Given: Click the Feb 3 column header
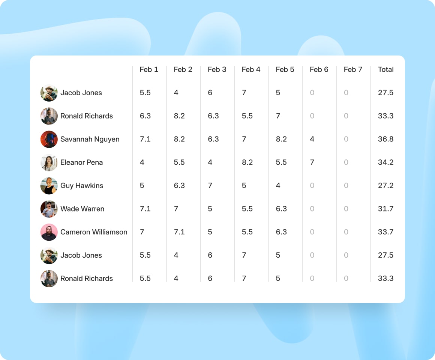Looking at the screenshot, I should pos(217,69).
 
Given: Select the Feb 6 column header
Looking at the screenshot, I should pos(319,69).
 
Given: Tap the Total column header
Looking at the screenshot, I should pos(385,69).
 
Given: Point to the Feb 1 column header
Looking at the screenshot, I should pos(149,69).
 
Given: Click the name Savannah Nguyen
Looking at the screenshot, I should pos(90,139).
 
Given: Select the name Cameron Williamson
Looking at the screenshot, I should pos(94,232).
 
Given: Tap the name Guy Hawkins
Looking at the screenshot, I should pos(82,186).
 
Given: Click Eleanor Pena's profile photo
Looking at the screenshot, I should pos(49,162).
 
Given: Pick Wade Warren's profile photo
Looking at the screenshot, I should pos(49,209).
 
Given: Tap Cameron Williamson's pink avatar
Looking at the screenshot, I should pos(49,232).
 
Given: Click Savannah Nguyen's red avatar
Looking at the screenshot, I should pos(49,139).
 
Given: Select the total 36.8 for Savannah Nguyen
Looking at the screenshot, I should pos(385,139).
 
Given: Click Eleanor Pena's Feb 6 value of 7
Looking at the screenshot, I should pos(312,162).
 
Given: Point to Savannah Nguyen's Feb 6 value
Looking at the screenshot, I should pos(312,139).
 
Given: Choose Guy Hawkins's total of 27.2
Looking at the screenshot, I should pos(385,186).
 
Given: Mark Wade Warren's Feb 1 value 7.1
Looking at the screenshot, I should pos(145,209).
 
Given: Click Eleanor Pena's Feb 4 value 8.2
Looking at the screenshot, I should pos(247,162).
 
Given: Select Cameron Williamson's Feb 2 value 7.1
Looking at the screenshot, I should pos(179,232).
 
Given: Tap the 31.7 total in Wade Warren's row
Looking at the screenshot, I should pos(385,209).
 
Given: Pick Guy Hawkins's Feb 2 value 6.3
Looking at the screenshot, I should pos(179,186).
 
